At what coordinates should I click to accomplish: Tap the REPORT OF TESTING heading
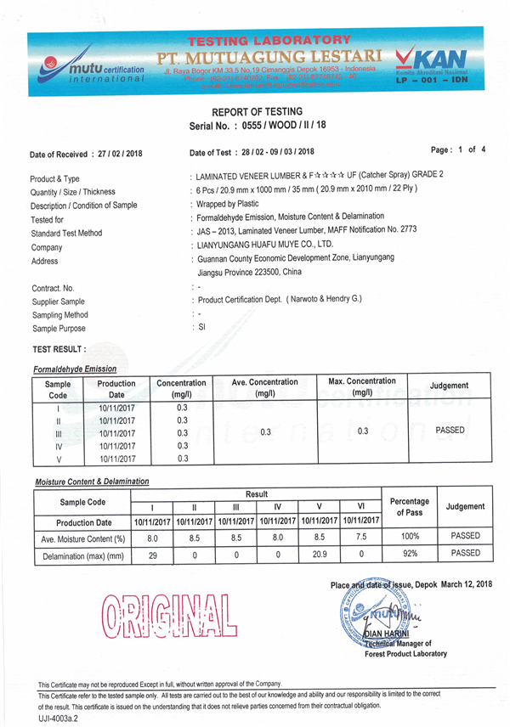tap(256, 111)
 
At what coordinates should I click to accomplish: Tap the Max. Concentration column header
tap(362, 386)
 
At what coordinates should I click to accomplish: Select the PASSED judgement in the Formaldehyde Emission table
tap(449, 431)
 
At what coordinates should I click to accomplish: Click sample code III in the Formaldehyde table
tap(58, 433)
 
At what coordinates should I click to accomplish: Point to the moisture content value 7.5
tap(363, 537)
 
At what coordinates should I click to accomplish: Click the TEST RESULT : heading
tap(59, 349)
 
